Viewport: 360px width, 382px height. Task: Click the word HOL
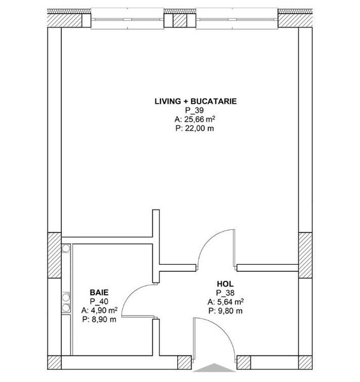[224, 284]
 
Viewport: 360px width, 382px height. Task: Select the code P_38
[224, 293]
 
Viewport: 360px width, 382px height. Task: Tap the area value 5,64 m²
[224, 302]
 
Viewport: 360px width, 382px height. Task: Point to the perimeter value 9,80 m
[224, 311]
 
